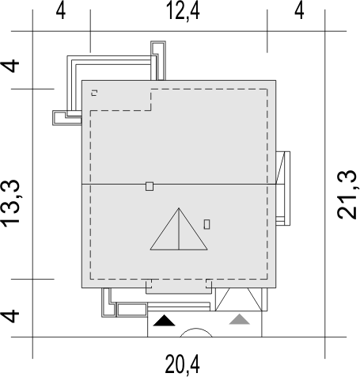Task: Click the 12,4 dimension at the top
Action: pos(184,12)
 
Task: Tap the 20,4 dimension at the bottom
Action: pos(182,364)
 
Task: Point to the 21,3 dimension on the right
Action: pos(347,195)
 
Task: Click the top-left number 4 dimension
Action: pos(61,12)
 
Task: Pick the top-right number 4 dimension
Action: pos(299,12)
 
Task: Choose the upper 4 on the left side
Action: pos(10,66)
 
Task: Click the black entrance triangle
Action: pos(164,320)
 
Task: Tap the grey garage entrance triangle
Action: pos(239,319)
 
